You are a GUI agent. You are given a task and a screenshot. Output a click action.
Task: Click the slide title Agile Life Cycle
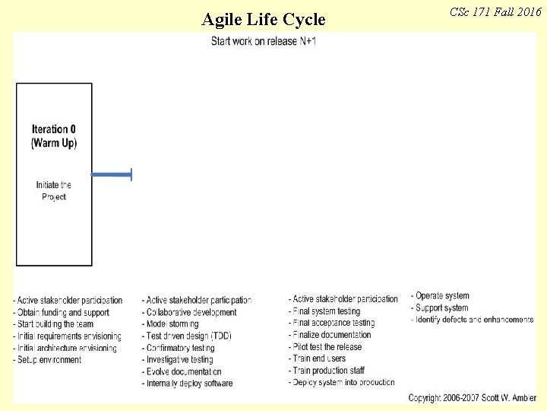coord(264,19)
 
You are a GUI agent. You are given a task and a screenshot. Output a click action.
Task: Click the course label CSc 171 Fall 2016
coord(495,12)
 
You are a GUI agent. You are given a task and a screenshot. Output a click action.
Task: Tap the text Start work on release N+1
coord(264,40)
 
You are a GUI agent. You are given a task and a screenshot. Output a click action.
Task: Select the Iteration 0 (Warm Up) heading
coord(54,135)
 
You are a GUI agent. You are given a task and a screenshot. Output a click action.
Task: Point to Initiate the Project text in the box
coord(54,190)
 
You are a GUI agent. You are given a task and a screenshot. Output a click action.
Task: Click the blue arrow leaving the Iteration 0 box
coord(112,175)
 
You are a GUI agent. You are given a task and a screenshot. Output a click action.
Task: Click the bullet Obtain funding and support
coord(62,312)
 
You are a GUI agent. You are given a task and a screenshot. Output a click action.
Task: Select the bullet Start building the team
coord(54,324)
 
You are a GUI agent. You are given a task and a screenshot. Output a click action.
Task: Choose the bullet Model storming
coord(172,324)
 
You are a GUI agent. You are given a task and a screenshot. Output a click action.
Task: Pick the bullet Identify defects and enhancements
coord(473,320)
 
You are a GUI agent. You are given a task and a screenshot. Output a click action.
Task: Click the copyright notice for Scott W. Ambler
coord(473,398)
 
